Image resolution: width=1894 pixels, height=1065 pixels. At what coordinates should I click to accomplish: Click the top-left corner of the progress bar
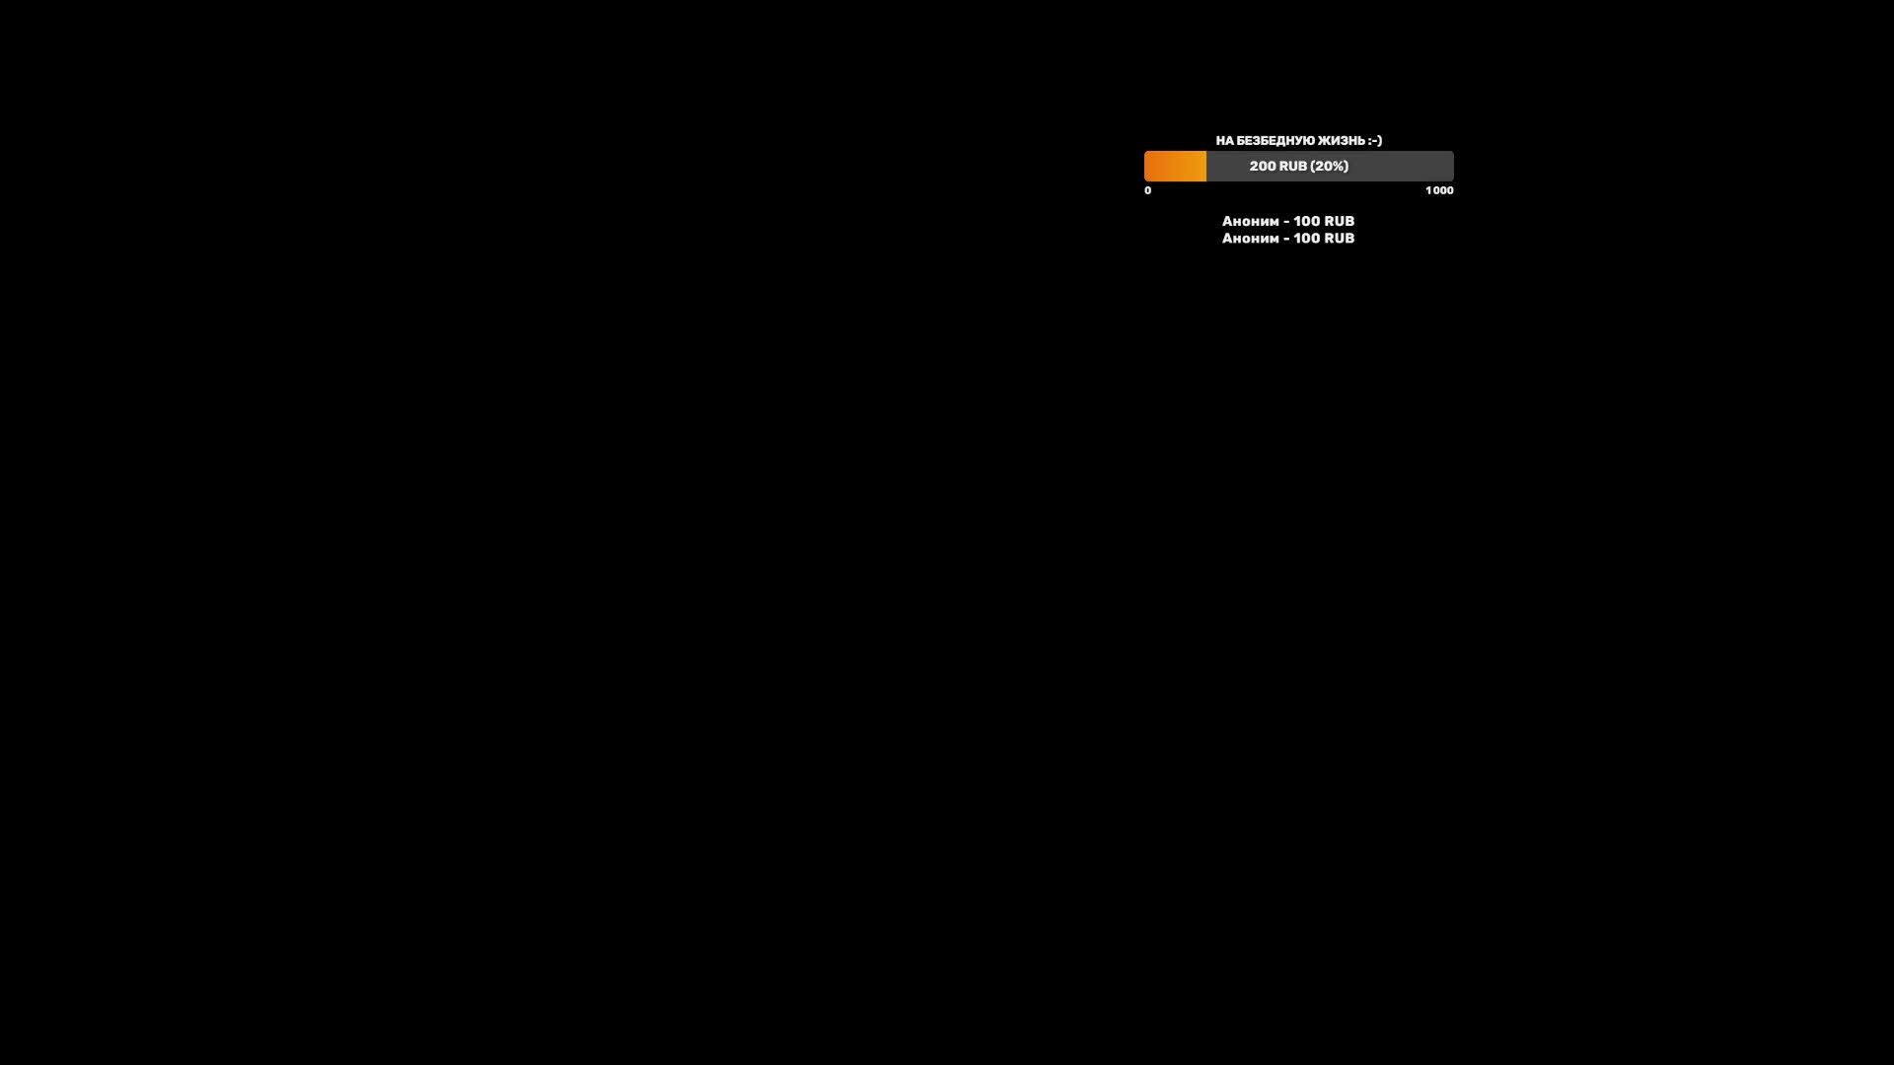pyautogui.click(x=1144, y=151)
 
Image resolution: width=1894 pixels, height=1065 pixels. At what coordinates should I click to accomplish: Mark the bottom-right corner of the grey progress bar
pyautogui.click(x=1454, y=181)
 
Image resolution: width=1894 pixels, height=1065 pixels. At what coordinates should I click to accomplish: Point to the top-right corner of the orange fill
pyautogui.click(x=1206, y=151)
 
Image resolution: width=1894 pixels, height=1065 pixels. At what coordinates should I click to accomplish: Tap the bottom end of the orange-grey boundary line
pyautogui.click(x=1206, y=181)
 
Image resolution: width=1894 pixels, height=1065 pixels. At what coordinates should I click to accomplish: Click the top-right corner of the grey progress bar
pyautogui.click(x=1454, y=151)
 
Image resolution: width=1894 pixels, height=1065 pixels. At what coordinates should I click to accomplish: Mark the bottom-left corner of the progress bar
pyautogui.click(x=1144, y=181)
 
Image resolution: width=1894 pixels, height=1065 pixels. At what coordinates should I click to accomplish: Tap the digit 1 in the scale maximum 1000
pyautogui.click(x=1427, y=190)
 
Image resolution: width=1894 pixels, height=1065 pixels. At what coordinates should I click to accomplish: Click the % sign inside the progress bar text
pyautogui.click(x=1336, y=166)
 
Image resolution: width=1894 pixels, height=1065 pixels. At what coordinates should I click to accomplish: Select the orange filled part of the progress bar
pyautogui.click(x=1175, y=166)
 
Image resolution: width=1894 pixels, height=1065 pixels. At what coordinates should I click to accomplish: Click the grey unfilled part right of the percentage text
pyautogui.click(x=1402, y=166)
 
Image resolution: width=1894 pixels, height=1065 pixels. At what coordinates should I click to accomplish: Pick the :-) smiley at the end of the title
pyautogui.click(x=1375, y=141)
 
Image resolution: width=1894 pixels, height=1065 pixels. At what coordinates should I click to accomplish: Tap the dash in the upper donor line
pyautogui.click(x=1286, y=222)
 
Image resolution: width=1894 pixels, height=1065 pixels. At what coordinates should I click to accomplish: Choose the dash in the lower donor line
pyautogui.click(x=1286, y=239)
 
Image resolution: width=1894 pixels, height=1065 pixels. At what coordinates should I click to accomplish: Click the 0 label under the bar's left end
pyautogui.click(x=1147, y=190)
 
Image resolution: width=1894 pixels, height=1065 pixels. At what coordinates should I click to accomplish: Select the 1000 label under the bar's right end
pyautogui.click(x=1439, y=190)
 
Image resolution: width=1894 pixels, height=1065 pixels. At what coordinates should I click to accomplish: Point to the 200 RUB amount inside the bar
pyautogui.click(x=1277, y=166)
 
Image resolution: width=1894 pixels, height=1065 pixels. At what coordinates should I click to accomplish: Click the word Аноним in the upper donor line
pyautogui.click(x=1251, y=221)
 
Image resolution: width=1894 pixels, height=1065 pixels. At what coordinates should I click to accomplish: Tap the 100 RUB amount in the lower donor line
pyautogui.click(x=1324, y=238)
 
